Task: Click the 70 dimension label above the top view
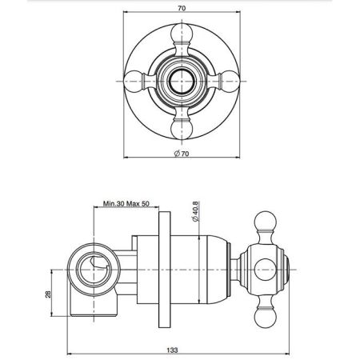(x=182, y=8)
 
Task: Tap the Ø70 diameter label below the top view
(x=182, y=154)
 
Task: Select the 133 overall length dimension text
(x=172, y=350)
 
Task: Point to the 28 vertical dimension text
(x=49, y=294)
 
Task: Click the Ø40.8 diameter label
(x=195, y=211)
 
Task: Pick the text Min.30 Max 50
(x=126, y=204)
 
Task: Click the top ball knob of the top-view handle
(x=182, y=33)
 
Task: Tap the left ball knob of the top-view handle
(x=133, y=81)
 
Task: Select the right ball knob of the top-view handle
(x=230, y=81)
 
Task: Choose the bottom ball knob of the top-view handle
(x=182, y=130)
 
